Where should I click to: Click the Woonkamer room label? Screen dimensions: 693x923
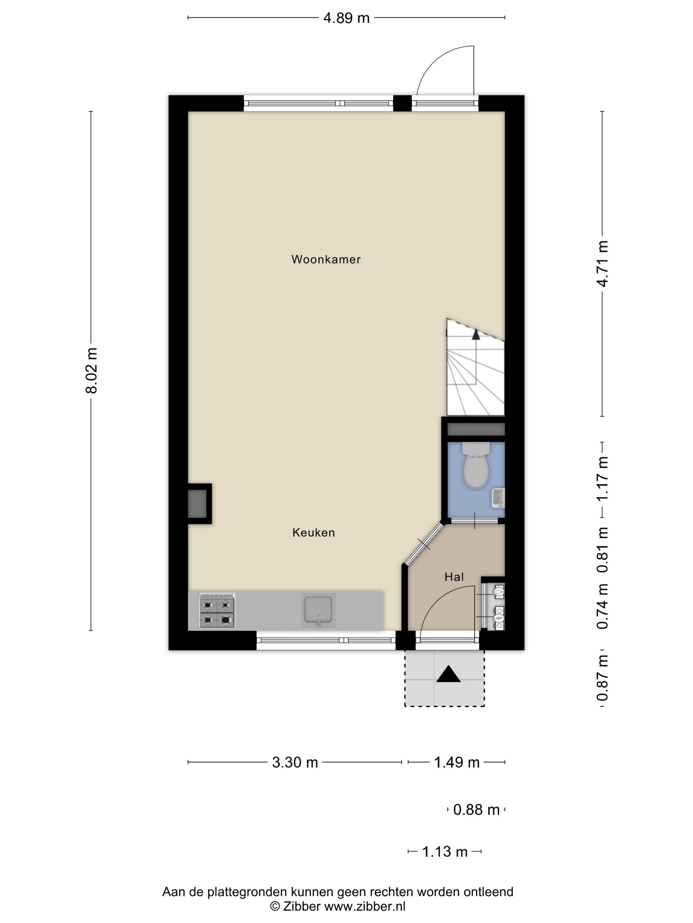326,259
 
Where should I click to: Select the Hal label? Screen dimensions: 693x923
454,577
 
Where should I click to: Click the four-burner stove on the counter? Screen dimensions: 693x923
217,610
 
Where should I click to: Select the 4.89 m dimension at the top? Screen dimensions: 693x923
346,18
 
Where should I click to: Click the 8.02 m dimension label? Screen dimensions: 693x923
91,371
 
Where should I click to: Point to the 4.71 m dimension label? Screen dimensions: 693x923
602,263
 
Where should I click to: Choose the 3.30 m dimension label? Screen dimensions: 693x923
295,762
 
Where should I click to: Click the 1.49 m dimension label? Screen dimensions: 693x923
457,762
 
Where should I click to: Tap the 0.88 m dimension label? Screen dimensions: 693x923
476,810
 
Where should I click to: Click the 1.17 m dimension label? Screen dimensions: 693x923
602,478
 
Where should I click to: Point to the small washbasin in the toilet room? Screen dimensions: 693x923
498,497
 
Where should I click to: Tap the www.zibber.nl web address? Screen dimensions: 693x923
364,906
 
